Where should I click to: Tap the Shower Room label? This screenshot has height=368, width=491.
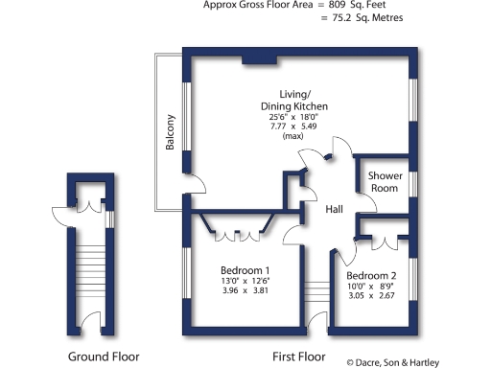[384, 182]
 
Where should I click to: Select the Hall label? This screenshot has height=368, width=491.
[335, 210]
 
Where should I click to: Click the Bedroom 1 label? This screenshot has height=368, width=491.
[245, 270]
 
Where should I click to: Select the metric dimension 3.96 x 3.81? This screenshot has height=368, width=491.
[245, 291]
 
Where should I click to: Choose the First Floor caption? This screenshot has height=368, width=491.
[300, 356]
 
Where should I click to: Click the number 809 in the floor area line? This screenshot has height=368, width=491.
[337, 5]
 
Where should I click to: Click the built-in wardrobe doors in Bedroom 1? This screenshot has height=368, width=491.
[236, 232]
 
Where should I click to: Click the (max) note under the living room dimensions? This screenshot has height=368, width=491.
[293, 137]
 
